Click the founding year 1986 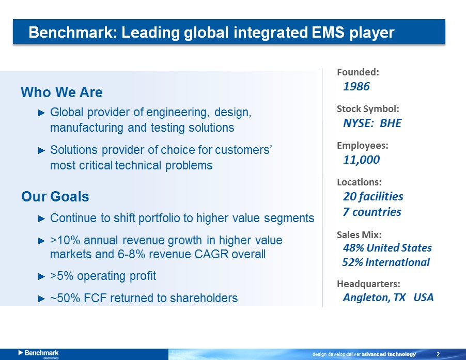[356, 86]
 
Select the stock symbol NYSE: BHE [372, 123]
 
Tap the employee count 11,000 [362, 160]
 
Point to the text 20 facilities [373, 196]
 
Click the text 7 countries [372, 212]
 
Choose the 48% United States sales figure [387, 248]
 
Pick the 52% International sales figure [386, 262]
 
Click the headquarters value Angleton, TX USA [388, 298]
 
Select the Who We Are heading [61, 92]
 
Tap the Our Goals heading [55, 197]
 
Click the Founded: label [358, 72]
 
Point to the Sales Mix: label [359, 235]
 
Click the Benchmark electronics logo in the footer [39, 354]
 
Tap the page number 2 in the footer [438, 354]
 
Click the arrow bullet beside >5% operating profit [42, 277]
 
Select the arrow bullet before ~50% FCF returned [42, 299]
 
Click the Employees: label [363, 146]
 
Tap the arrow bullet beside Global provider [42, 113]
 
